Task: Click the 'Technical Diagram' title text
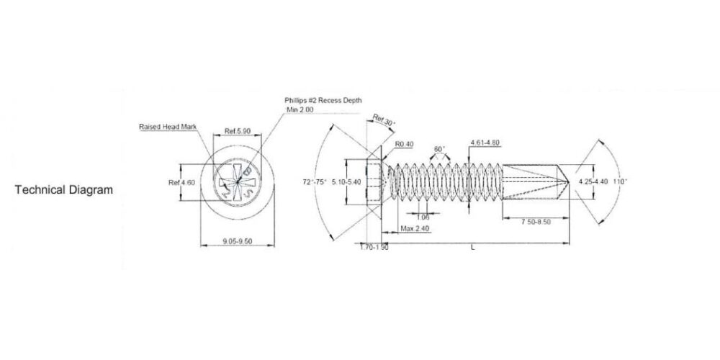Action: tap(64, 190)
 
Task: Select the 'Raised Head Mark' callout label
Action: tap(168, 127)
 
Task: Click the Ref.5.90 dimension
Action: tap(237, 131)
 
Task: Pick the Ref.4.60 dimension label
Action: tap(181, 183)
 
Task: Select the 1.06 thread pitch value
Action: tap(423, 217)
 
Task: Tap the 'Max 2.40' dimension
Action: tap(415, 229)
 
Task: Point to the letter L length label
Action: tap(472, 247)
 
